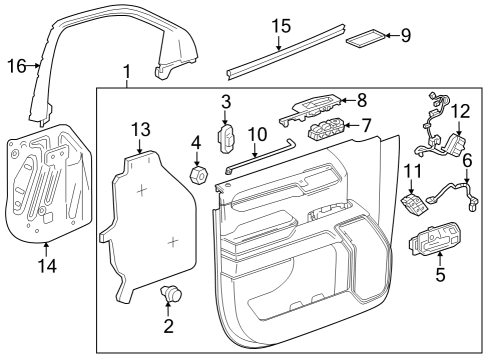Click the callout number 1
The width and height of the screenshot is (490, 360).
pyautogui.click(x=126, y=72)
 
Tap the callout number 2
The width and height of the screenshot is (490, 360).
pyautogui.click(x=168, y=326)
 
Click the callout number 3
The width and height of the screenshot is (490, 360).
pyautogui.click(x=226, y=101)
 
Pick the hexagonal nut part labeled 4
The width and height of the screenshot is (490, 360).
pyautogui.click(x=199, y=175)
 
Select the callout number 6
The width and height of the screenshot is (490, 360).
pyautogui.click(x=466, y=159)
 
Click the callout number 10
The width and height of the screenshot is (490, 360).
pyautogui.click(x=257, y=134)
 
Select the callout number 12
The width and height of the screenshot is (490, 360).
pyautogui.click(x=459, y=110)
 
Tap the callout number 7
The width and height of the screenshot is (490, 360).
pyautogui.click(x=366, y=126)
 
